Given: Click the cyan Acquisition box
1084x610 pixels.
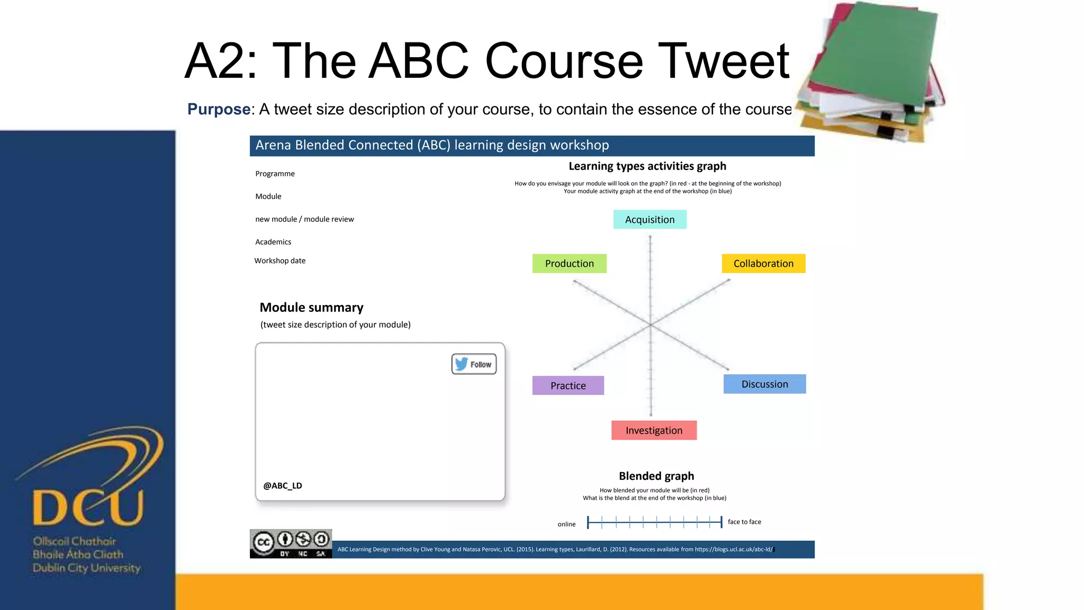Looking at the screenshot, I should pyautogui.click(x=649, y=220).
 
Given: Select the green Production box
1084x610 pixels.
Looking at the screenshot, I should pyautogui.click(x=569, y=264).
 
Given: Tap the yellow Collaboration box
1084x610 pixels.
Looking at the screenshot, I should pyautogui.click(x=763, y=264).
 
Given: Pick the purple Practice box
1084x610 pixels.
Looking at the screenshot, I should pyautogui.click(x=568, y=385).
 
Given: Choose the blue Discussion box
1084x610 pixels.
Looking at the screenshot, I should pyautogui.click(x=764, y=384).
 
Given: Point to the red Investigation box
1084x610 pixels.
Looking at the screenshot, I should pyautogui.click(x=654, y=430).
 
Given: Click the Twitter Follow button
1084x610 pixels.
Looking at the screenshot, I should pyautogui.click(x=474, y=364).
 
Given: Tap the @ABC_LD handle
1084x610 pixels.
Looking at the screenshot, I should pyautogui.click(x=283, y=486).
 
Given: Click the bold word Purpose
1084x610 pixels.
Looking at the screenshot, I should pyautogui.click(x=219, y=109).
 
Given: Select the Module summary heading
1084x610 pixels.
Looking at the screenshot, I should pyautogui.click(x=311, y=308).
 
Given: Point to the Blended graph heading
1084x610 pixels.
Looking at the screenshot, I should pyautogui.click(x=656, y=476).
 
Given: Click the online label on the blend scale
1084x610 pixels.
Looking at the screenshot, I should pyautogui.click(x=566, y=524).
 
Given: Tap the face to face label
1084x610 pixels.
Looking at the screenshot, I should pyautogui.click(x=744, y=522).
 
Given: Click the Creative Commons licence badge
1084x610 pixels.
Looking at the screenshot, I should pyautogui.click(x=291, y=543).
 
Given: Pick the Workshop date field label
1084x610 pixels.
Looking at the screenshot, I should pyautogui.click(x=279, y=261).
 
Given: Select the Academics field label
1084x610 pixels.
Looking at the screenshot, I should pyautogui.click(x=273, y=242).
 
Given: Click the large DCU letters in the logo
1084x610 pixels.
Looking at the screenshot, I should pyautogui.click(x=88, y=507).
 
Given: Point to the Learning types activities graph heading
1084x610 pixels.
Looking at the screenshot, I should pyautogui.click(x=647, y=166).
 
